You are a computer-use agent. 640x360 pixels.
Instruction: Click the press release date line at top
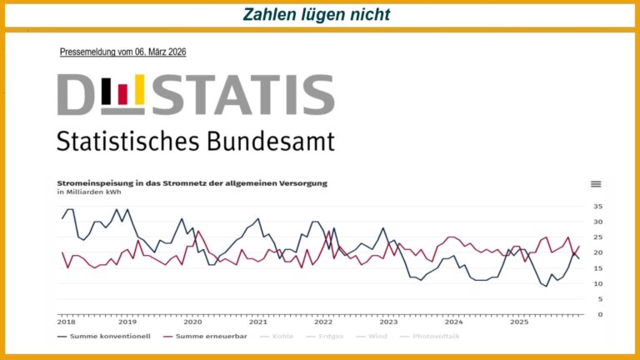pyautogui.click(x=122, y=52)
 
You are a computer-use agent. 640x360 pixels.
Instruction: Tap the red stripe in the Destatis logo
pyautogui.click(x=122, y=95)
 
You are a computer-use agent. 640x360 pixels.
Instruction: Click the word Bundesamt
pyautogui.click(x=268, y=140)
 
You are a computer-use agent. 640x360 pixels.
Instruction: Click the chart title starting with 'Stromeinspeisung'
pyautogui.click(x=192, y=182)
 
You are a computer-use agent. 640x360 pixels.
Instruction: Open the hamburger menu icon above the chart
pyautogui.click(x=596, y=184)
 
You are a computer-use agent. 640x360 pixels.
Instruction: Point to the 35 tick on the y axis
pyautogui.click(x=598, y=206)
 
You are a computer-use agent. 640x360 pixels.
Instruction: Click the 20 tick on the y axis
pyautogui.click(x=598, y=252)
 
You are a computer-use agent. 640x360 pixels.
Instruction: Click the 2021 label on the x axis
pyautogui.click(x=258, y=322)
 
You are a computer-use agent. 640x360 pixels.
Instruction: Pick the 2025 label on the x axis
pyautogui.click(x=519, y=322)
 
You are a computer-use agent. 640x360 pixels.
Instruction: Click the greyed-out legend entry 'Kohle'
pyautogui.click(x=278, y=336)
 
